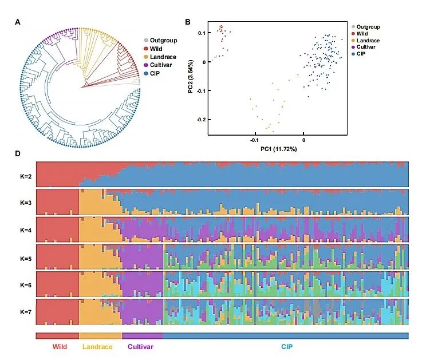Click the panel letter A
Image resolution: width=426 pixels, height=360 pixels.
coord(18,22)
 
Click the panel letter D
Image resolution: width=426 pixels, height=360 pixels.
coord(18,153)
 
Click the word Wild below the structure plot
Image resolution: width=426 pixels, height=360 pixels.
coord(60,347)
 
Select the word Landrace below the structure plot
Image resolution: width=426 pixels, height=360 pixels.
coord(98,347)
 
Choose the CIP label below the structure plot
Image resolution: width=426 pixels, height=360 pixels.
coord(286,347)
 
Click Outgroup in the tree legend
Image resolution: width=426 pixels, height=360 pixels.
coord(163,40)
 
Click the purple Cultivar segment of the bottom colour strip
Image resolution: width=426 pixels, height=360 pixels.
coord(142,336)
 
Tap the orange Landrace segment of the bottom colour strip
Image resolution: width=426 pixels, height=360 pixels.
coord(100,336)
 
